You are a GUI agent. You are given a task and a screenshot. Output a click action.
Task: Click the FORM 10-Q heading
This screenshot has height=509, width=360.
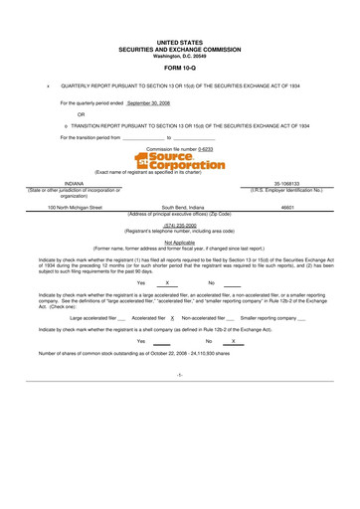(x=180, y=69)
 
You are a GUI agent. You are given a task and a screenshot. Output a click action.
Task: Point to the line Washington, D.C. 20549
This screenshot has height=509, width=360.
(x=180, y=55)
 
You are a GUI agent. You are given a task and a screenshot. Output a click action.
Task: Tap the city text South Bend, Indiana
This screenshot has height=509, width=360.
(x=179, y=207)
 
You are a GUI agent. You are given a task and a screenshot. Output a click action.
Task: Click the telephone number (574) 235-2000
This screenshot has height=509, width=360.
(x=179, y=225)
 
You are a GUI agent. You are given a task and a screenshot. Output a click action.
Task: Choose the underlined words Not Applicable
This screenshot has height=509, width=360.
(x=179, y=241)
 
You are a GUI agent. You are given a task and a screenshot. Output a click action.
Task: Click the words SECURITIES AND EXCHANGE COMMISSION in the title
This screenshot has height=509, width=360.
(x=180, y=49)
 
